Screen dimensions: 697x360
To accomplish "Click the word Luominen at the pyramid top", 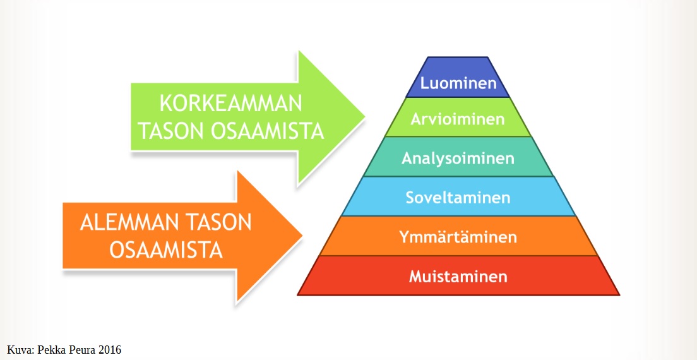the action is [458, 83].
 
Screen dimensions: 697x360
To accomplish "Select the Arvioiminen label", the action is [458, 119].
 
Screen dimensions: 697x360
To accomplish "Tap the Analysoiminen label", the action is [458, 159].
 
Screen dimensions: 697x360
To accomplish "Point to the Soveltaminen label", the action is [458, 197].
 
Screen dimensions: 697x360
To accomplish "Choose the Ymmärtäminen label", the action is [458, 237].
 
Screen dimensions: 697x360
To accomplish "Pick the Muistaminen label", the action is [458, 277].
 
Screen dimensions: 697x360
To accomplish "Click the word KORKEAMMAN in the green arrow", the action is [230, 104].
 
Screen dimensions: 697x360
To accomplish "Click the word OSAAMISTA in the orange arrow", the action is [166, 251].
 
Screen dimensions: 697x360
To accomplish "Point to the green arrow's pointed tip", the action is [365, 117].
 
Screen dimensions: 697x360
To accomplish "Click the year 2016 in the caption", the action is [109, 350].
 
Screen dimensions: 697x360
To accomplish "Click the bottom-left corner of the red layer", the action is [297, 295].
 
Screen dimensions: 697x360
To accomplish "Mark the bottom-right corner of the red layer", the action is [619, 295].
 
